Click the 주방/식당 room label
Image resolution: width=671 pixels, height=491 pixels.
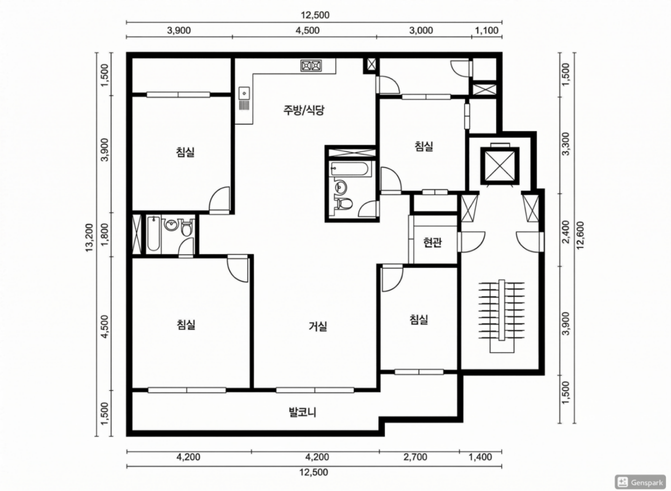[x=304, y=110]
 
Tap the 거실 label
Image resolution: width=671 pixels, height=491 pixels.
[x=318, y=326]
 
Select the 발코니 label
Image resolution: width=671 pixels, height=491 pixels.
[x=303, y=412]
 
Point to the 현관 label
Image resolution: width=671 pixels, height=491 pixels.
[x=433, y=242]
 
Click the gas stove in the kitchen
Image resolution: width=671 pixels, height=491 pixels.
[x=311, y=66]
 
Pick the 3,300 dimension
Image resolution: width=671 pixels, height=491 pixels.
[x=566, y=144]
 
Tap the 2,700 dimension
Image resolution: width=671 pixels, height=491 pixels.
[x=415, y=457]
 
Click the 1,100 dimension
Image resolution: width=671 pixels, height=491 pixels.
[x=487, y=30]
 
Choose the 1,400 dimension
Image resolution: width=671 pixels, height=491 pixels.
[x=480, y=457]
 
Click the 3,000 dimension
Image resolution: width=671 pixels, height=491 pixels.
[x=421, y=30]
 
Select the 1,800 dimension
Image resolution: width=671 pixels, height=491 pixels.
[x=105, y=235]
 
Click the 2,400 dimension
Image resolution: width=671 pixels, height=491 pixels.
[x=566, y=232]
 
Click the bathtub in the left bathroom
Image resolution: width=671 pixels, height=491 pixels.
[x=153, y=234]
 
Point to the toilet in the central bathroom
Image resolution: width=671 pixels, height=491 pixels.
[x=344, y=203]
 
